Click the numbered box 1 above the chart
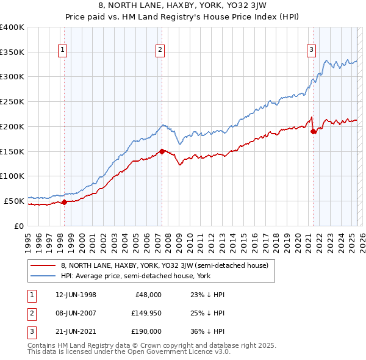click(x=63, y=51)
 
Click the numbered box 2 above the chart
click(x=160, y=51)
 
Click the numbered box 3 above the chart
click(x=311, y=51)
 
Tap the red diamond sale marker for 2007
click(x=162, y=151)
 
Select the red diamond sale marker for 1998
click(x=65, y=202)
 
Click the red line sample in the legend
click(x=43, y=265)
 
